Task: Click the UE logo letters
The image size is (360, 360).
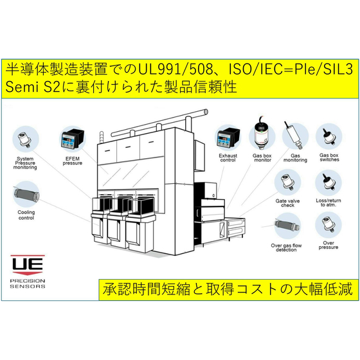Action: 28,264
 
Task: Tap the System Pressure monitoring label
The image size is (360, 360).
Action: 25,163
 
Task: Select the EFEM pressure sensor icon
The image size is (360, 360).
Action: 72,139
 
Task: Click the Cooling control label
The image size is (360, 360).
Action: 26,215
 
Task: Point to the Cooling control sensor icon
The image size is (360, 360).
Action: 26,194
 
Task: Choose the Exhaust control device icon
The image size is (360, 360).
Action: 228,138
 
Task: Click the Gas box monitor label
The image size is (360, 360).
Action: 262,157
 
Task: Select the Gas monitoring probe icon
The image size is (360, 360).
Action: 293,136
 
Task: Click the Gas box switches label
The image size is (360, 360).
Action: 329,157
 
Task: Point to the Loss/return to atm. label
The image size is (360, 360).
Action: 328,203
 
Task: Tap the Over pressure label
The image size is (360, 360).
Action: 328,245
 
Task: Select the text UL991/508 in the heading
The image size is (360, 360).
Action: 175,69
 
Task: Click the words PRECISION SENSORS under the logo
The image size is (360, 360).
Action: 28,283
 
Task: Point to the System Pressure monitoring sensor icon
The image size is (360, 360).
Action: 25,139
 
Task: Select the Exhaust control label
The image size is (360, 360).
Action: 228,157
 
